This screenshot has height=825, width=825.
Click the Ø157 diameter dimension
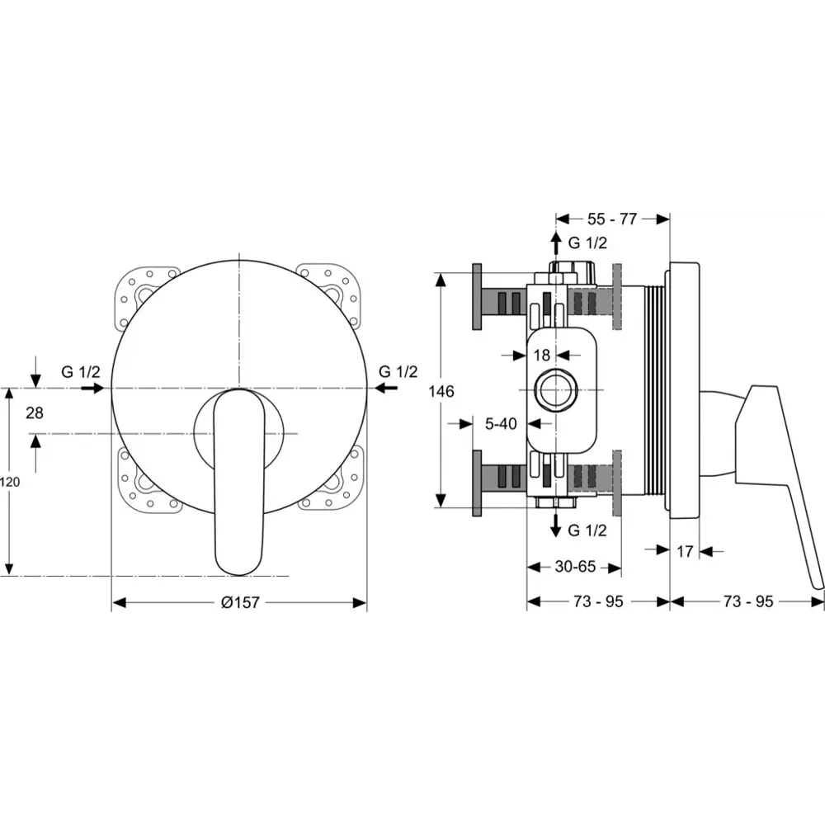[239, 602]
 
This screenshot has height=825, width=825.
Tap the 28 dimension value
[35, 412]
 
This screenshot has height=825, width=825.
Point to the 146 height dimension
[441, 391]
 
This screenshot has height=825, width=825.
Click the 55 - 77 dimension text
[612, 219]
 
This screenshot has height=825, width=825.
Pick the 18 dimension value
[541, 355]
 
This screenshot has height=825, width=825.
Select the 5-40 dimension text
[501, 423]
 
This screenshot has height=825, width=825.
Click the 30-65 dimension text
[575, 567]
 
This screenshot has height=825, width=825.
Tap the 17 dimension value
[685, 551]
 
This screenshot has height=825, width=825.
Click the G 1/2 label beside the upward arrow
[587, 243]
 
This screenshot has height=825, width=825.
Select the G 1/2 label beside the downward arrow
[587, 530]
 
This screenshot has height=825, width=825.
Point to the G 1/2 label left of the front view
[80, 371]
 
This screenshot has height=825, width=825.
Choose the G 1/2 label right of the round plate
[398, 371]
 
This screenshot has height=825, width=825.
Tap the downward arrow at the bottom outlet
[556, 526]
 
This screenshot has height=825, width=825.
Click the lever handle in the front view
[238, 483]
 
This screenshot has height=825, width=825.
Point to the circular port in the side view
[554, 390]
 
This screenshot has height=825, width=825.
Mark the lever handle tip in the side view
[817, 582]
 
